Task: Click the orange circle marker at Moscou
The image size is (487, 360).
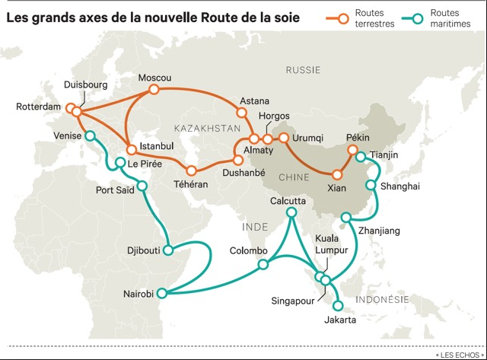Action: pos(154,90)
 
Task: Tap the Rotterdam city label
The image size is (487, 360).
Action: pos(38,107)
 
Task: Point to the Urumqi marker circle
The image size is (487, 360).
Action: pos(283,139)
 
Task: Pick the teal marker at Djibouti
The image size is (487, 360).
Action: pos(173,250)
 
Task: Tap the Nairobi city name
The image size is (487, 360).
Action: pos(138,294)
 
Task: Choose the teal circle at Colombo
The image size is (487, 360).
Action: pos(263,265)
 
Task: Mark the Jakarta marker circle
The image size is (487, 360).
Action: pos(339,307)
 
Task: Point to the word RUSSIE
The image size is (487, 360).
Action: pos(304,70)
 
